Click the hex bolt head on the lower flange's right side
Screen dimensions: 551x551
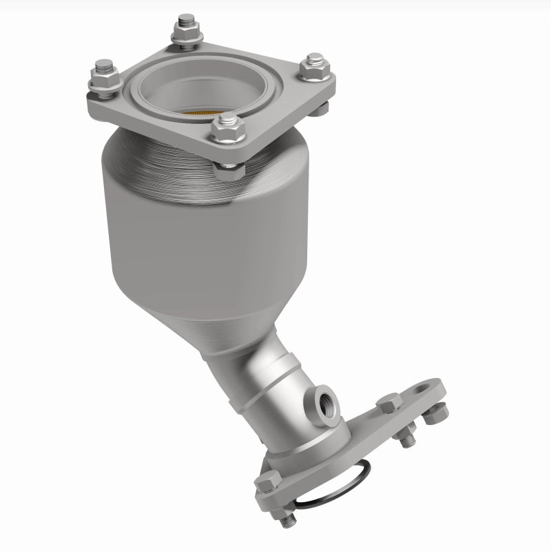391,404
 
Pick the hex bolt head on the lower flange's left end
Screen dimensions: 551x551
268,484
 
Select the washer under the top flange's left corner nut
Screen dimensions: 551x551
103,87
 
